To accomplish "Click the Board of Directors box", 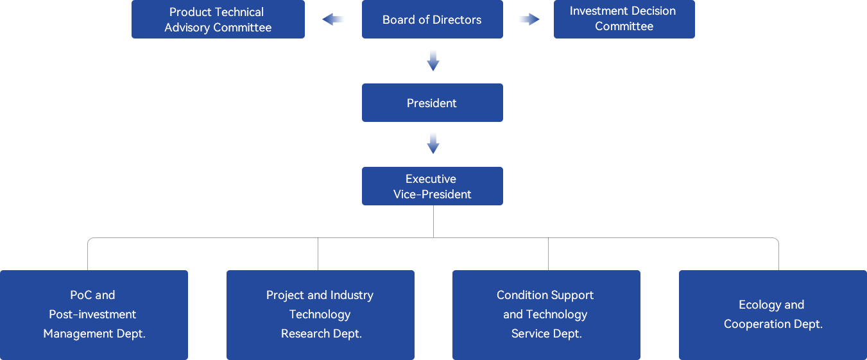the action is [433, 19].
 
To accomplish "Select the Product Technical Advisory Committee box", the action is [218, 19].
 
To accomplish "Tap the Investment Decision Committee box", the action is [624, 19].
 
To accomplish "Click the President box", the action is [433, 103].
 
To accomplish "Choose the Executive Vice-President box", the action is [433, 186].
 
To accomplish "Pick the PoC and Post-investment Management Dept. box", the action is [94, 315].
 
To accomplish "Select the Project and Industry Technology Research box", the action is [320, 315].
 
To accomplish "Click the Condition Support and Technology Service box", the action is [546, 315].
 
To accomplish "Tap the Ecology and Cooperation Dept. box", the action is [773, 315].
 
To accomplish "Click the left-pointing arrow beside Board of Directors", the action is [333, 19].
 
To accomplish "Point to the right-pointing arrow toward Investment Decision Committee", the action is [529, 19].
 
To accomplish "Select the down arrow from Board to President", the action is [433, 60].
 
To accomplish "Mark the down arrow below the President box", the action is [433, 143].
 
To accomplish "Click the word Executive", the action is [431, 179].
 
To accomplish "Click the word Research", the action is [305, 334].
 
